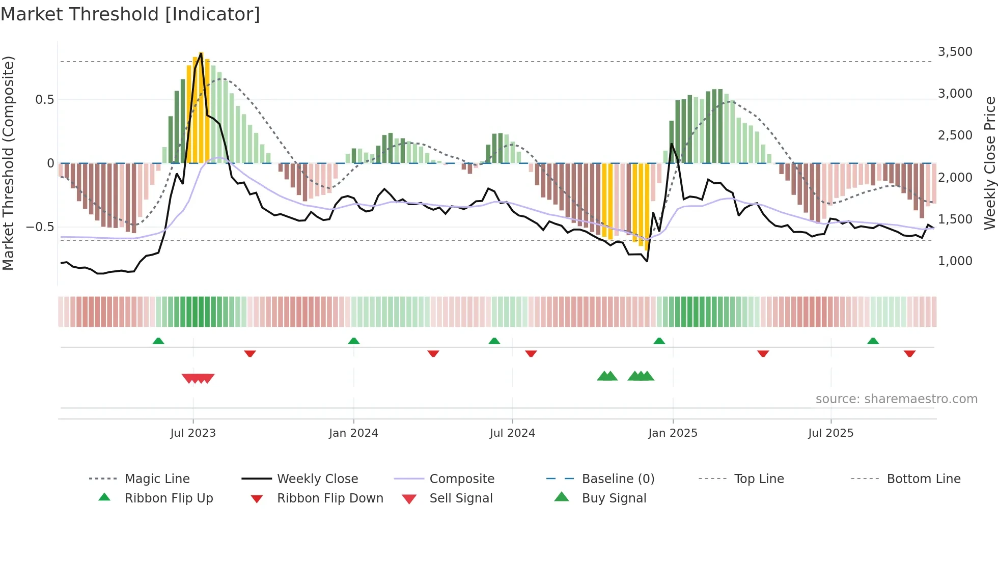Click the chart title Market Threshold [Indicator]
pos(130,14)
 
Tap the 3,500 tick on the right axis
pos(955,52)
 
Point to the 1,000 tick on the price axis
pos(955,261)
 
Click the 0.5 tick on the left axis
pos(44,99)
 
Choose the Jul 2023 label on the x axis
pos(193,433)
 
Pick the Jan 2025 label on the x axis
pos(673,433)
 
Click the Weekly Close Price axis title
pos(989,163)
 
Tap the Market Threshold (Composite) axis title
pos(8,163)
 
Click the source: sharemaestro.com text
pos(896,399)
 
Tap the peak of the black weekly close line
pos(201,53)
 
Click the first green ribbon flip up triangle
pos(158,341)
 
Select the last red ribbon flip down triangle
pos(909,353)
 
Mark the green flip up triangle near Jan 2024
pos(354,341)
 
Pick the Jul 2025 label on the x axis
pos(830,433)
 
